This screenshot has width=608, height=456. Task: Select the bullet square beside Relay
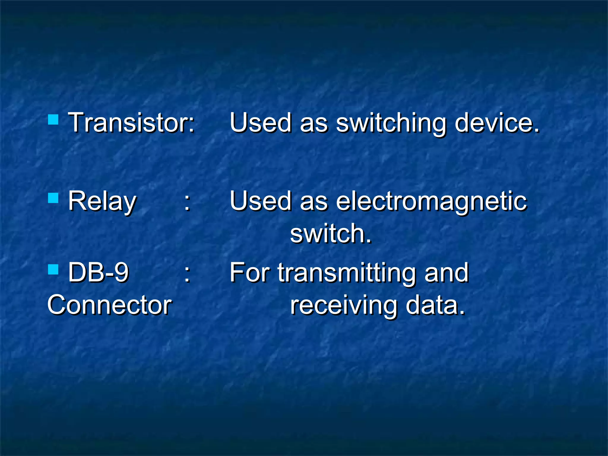tap(53, 198)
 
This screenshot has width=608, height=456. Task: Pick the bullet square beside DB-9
tap(53, 270)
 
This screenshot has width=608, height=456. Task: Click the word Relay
tap(102, 202)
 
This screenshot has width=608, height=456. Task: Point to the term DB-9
tap(98, 273)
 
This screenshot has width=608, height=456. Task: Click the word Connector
tap(110, 305)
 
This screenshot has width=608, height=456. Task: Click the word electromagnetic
tap(431, 202)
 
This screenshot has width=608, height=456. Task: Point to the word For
tap(249, 273)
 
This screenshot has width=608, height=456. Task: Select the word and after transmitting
tap(446, 273)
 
